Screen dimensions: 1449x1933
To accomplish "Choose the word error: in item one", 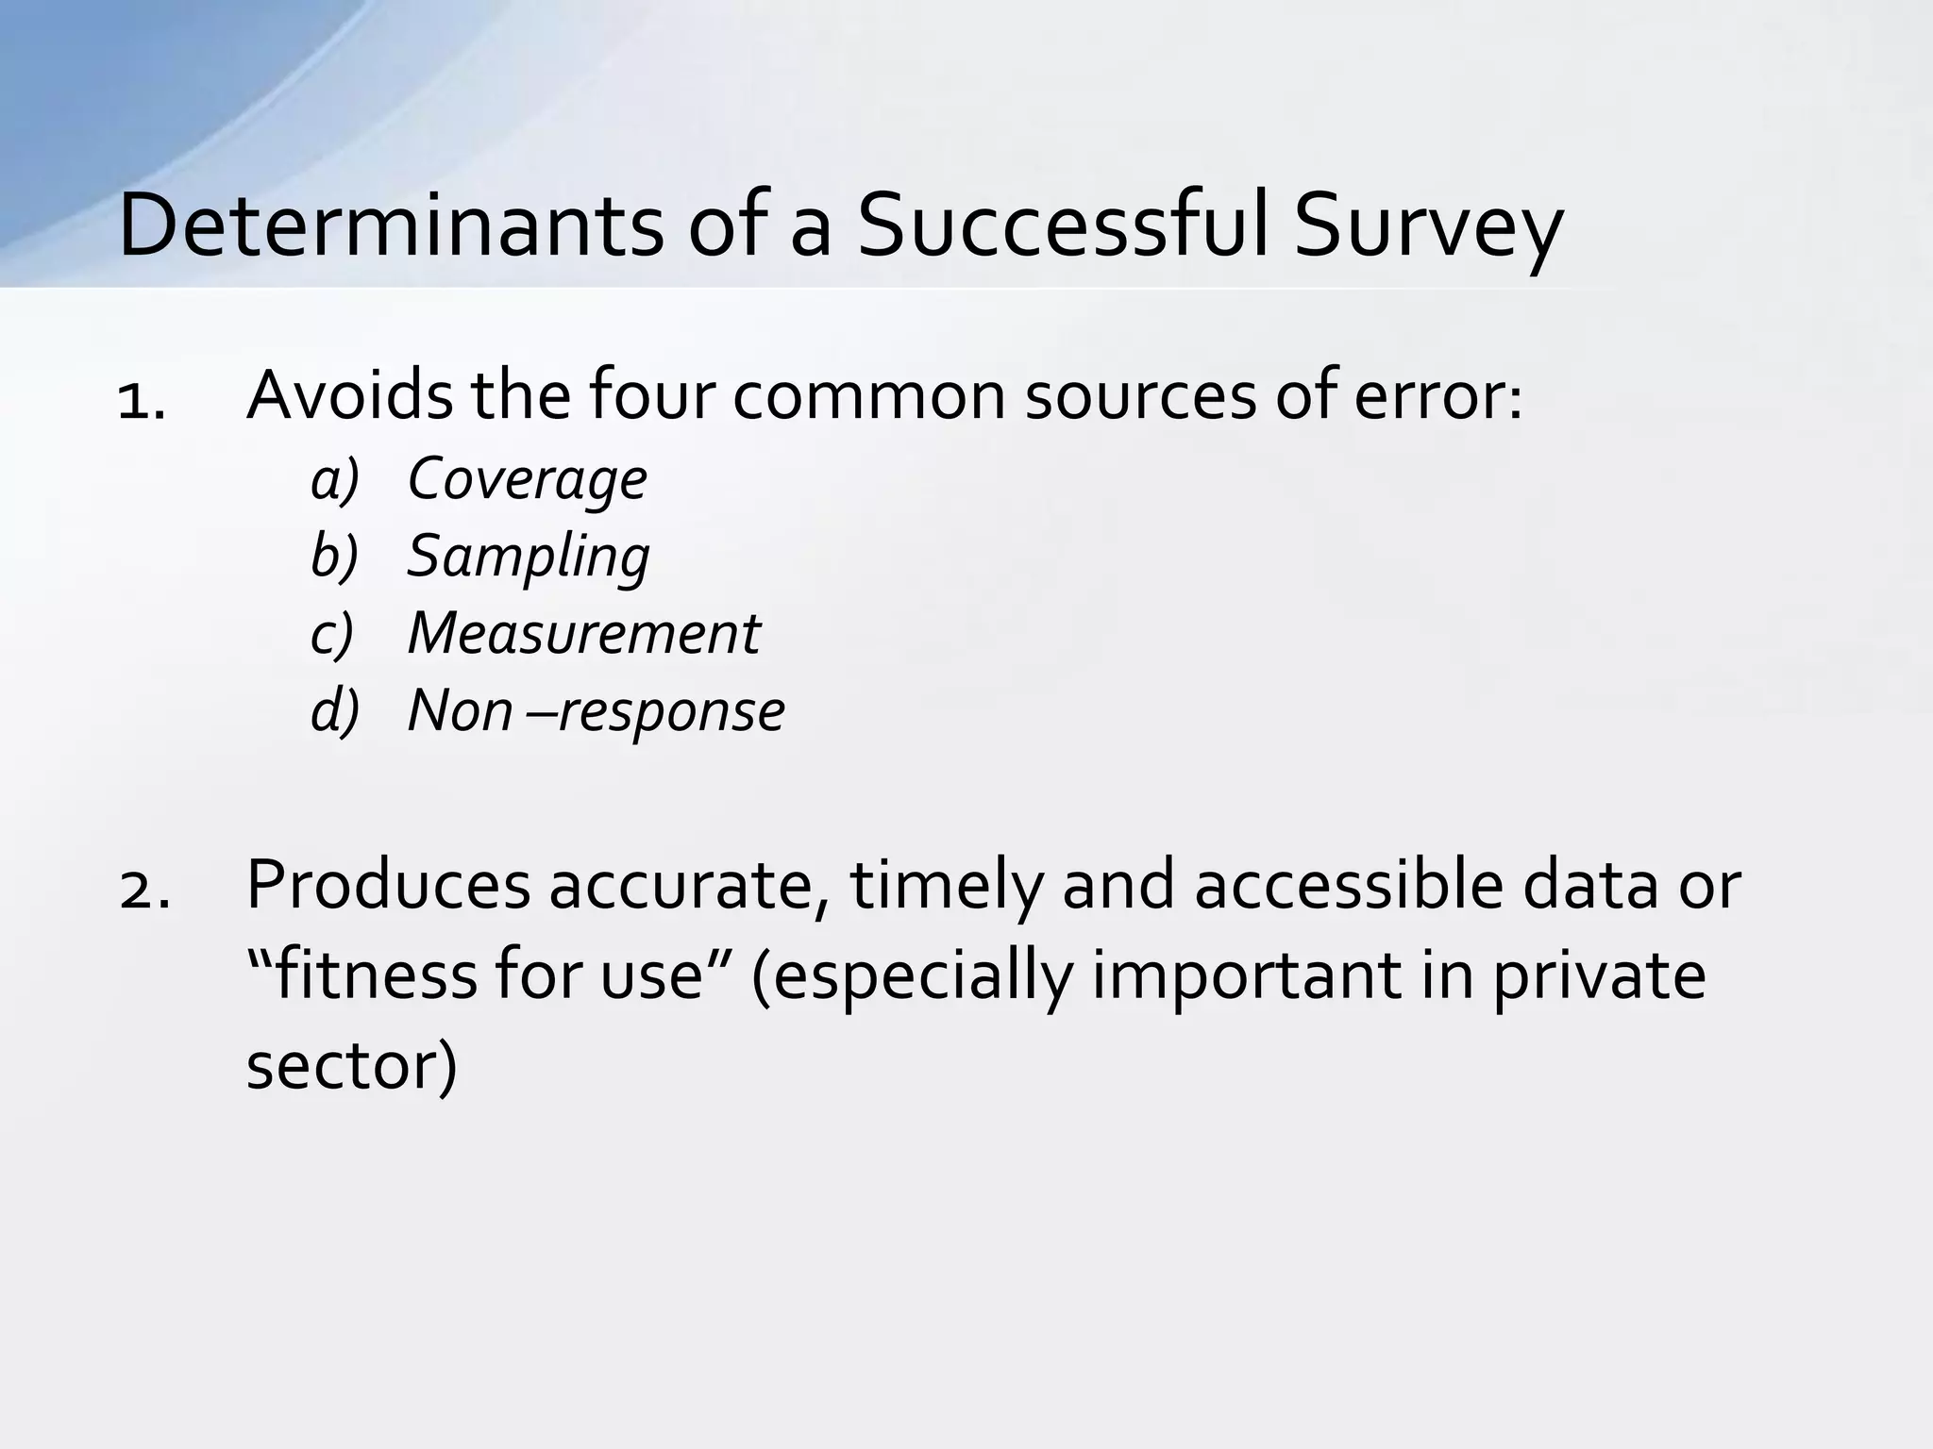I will tap(1437, 396).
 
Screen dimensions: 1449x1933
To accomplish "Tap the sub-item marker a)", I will tap(335, 480).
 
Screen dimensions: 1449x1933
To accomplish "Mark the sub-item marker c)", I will tap(332, 635).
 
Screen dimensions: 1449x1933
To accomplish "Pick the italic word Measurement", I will tap(582, 634).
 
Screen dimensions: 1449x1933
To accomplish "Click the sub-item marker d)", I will tap(335, 711).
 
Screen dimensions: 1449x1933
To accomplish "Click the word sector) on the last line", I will tap(351, 1066).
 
